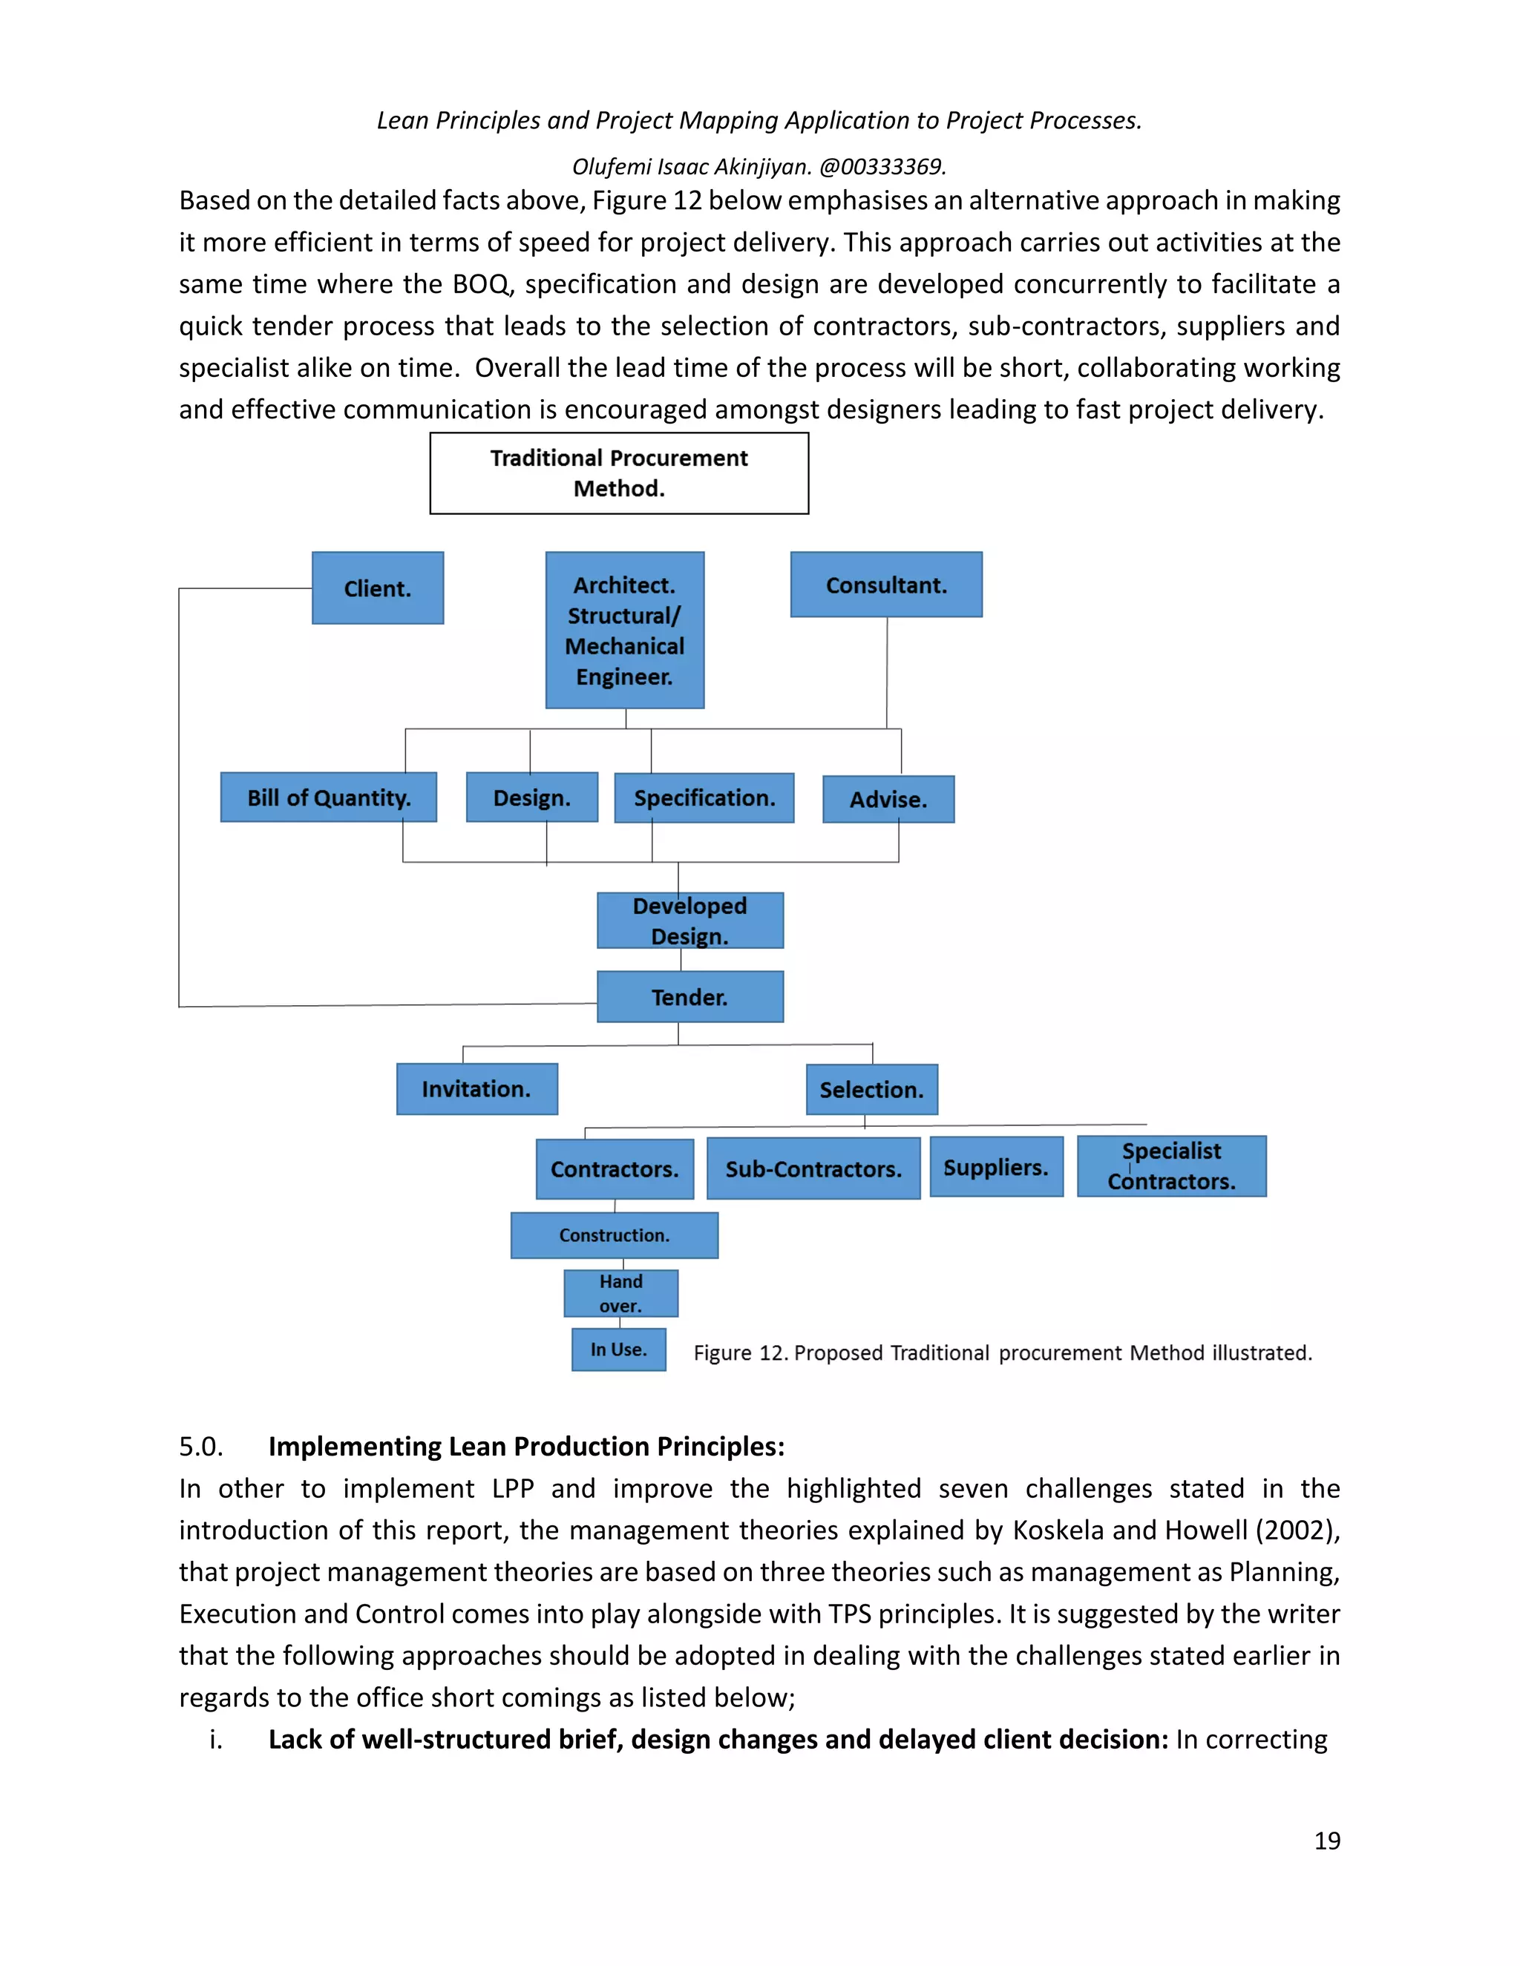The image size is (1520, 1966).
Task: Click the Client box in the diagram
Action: tap(377, 588)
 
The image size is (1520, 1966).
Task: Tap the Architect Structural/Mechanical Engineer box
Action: tap(624, 630)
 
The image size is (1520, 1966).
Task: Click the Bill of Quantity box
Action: tap(329, 797)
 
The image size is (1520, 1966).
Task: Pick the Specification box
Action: tap(704, 798)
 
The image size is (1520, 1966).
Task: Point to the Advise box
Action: tap(888, 798)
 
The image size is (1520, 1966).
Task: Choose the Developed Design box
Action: tap(689, 920)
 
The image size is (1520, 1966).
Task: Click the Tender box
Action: tap(689, 996)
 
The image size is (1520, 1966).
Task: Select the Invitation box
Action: tap(476, 1088)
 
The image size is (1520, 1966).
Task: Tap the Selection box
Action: tap(871, 1089)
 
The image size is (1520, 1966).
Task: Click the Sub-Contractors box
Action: tap(813, 1168)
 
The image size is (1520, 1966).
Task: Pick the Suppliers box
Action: tap(996, 1167)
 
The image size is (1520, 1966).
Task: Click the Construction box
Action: tap(614, 1235)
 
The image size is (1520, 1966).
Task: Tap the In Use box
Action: tap(619, 1349)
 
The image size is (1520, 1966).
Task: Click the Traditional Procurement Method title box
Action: tap(619, 473)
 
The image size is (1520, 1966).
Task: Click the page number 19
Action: tap(1326, 1841)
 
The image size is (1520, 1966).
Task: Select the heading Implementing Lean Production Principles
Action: tap(526, 1446)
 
